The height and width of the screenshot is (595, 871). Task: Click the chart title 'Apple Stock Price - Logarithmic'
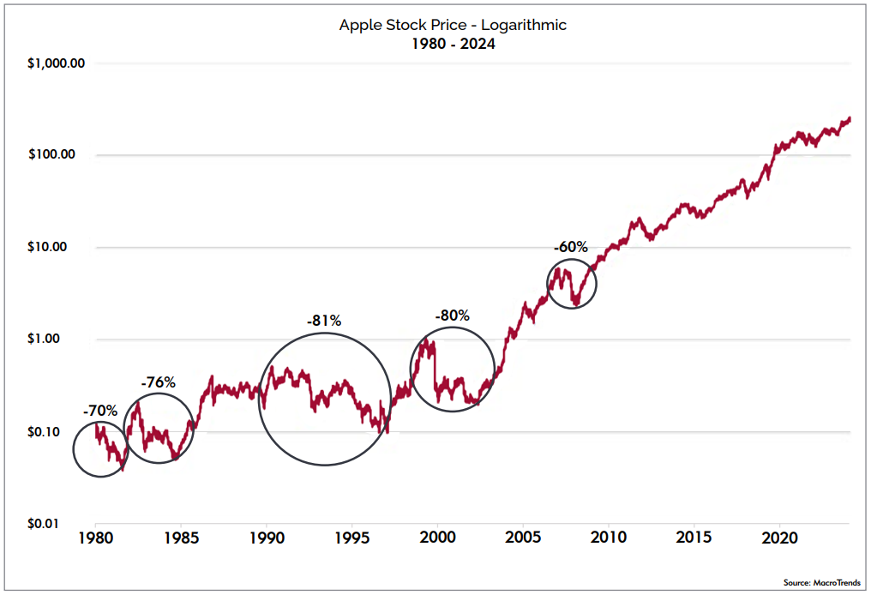pos(453,25)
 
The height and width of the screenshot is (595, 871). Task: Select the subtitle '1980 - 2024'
pos(453,44)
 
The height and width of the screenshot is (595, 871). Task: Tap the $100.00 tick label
pos(52,155)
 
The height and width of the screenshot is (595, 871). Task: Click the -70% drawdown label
pos(100,411)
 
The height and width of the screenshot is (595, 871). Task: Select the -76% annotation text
pos(158,382)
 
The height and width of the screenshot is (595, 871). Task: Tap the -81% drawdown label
pos(324,321)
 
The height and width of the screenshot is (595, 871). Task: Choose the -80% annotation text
pos(452,316)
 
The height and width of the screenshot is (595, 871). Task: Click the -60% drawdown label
pos(570,247)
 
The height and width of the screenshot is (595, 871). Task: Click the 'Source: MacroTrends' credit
pos(821,582)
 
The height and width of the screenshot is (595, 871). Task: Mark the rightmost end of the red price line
pos(850,119)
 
